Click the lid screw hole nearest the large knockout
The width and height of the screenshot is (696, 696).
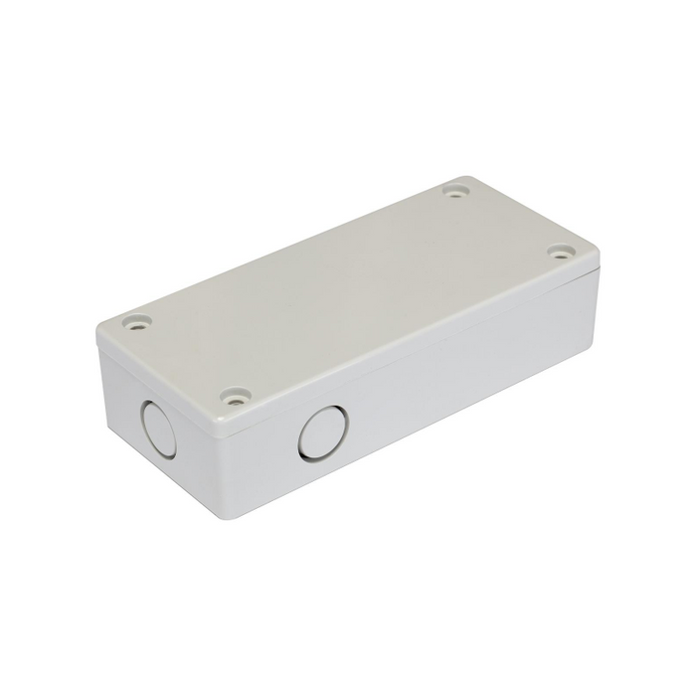(235, 397)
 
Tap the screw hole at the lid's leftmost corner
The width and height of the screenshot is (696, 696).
(133, 321)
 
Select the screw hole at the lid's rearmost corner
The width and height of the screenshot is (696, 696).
(456, 188)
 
